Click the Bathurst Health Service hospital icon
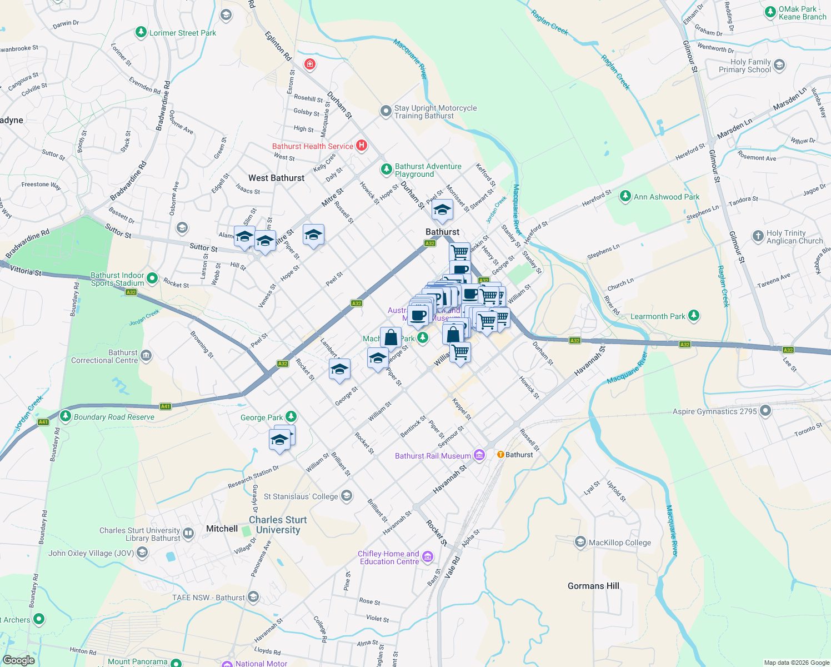click(x=361, y=146)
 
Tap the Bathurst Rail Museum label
click(x=433, y=456)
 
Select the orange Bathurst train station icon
click(x=500, y=455)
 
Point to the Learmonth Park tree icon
click(x=693, y=316)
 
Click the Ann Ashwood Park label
click(x=667, y=197)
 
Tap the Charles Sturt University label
click(x=278, y=525)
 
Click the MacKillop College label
click(x=619, y=542)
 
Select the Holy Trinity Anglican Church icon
click(x=758, y=236)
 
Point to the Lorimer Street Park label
click(x=183, y=33)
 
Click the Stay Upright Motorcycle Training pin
click(x=386, y=111)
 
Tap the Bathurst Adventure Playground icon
click(x=386, y=169)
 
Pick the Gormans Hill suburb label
click(x=593, y=586)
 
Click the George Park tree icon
click(x=291, y=417)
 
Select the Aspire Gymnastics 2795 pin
click(x=765, y=411)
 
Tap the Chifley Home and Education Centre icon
click(x=427, y=556)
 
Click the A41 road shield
click(x=165, y=406)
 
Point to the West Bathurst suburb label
click(x=276, y=178)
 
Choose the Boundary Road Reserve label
click(x=114, y=417)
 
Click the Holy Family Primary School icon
click(x=779, y=65)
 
